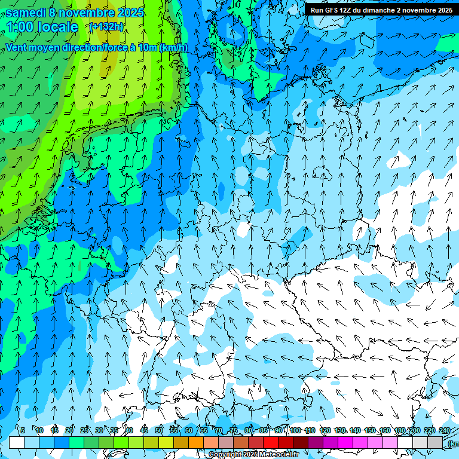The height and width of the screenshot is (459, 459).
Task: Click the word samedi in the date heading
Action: (27, 13)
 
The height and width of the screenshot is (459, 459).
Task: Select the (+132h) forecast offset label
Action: (107, 27)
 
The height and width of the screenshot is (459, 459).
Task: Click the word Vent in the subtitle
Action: (17, 47)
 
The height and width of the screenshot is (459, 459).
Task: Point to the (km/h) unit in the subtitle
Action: (173, 47)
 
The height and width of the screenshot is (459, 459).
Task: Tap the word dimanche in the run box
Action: (379, 10)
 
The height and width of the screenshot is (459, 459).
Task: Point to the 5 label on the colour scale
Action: (23, 431)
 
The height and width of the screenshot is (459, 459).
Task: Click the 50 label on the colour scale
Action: (159, 431)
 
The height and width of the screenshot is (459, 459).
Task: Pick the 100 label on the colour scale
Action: (295, 431)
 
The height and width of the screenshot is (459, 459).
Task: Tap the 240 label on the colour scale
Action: (444, 431)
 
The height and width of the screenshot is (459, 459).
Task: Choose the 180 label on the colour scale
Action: (399, 431)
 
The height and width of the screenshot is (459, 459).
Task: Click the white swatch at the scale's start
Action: (17, 442)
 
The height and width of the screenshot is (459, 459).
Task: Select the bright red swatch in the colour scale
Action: (271, 442)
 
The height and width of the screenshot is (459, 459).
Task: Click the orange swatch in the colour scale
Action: (196, 442)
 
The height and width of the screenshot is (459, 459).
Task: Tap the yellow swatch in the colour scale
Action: (166, 442)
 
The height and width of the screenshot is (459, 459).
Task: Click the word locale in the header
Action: (57, 27)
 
